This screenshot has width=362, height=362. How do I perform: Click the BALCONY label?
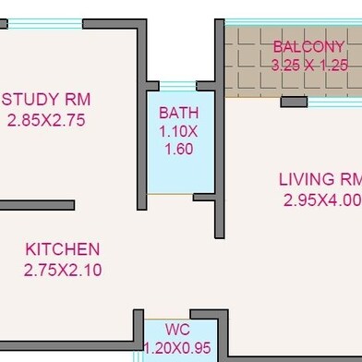point(308,47)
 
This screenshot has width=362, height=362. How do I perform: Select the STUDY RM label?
point(47,100)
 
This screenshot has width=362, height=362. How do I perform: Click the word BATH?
point(178,113)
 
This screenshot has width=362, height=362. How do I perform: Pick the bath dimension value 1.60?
point(178,149)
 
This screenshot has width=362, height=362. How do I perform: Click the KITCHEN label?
point(62,249)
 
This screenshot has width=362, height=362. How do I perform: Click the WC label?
point(178,330)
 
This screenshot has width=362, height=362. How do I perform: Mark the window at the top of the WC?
point(178,314)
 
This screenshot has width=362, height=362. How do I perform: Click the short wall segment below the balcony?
point(294,102)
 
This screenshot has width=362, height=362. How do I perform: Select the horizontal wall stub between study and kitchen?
point(37,205)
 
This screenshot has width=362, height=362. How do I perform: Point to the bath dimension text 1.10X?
point(178,131)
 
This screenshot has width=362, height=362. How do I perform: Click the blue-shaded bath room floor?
point(178,175)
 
